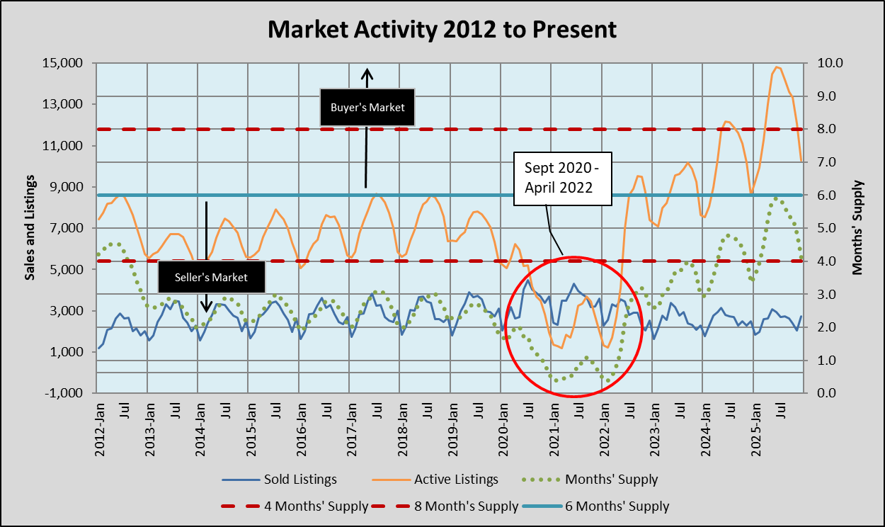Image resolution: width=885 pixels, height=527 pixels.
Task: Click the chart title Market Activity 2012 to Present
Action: click(x=442, y=30)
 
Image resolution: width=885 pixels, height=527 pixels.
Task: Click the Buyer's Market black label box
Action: click(x=367, y=108)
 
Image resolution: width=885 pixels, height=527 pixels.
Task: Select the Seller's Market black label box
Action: click(x=212, y=277)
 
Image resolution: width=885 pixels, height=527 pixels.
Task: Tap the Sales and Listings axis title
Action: click(x=30, y=226)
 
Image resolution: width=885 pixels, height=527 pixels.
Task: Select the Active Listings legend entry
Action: click(x=456, y=480)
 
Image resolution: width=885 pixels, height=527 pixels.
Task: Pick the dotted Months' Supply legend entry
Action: click(x=611, y=480)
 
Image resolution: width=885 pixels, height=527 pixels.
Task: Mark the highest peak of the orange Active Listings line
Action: click(x=777, y=67)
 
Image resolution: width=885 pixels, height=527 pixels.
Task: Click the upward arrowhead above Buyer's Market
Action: click(x=367, y=72)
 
